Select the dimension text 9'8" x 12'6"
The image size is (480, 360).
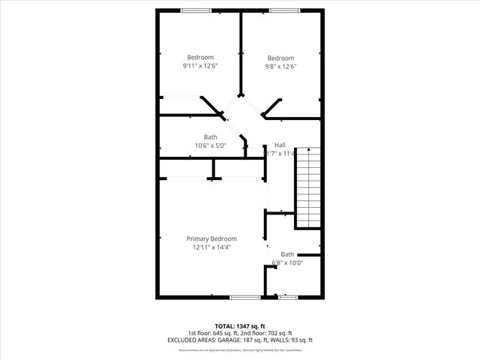(x=280, y=67)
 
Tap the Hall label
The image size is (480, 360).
(x=280, y=145)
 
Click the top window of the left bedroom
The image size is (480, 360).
(x=196, y=10)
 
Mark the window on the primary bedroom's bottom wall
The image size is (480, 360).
(x=244, y=298)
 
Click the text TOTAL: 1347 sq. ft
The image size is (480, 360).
(x=239, y=326)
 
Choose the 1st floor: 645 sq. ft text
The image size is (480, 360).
(x=211, y=333)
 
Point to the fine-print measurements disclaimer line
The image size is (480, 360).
(x=239, y=349)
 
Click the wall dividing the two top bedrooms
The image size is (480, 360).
(x=240, y=52)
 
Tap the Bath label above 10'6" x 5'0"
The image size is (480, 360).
(x=210, y=137)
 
